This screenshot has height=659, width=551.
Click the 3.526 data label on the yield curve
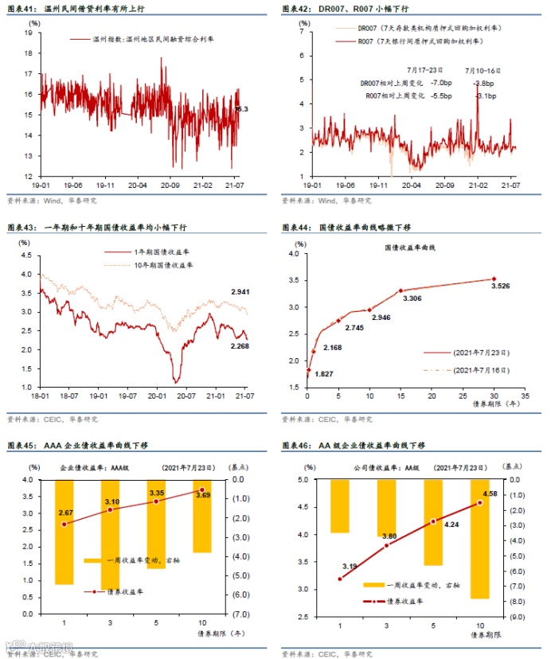coord(501,287)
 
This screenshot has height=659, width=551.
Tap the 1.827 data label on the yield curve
coord(324,373)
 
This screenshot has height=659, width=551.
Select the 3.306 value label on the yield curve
coord(412,298)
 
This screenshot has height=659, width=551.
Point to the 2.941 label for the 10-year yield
coord(241,294)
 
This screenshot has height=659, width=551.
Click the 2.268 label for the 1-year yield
coord(241,345)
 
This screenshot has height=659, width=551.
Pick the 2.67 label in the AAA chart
coord(65,513)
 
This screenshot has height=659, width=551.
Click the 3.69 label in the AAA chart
coord(204,496)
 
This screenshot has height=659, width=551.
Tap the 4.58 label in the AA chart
coord(491,494)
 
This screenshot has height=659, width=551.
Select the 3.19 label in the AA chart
coord(350,566)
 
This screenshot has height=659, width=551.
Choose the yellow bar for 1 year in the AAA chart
coord(64,532)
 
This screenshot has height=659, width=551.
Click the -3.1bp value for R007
coord(485,96)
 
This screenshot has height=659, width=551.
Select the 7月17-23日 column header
coord(426,70)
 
